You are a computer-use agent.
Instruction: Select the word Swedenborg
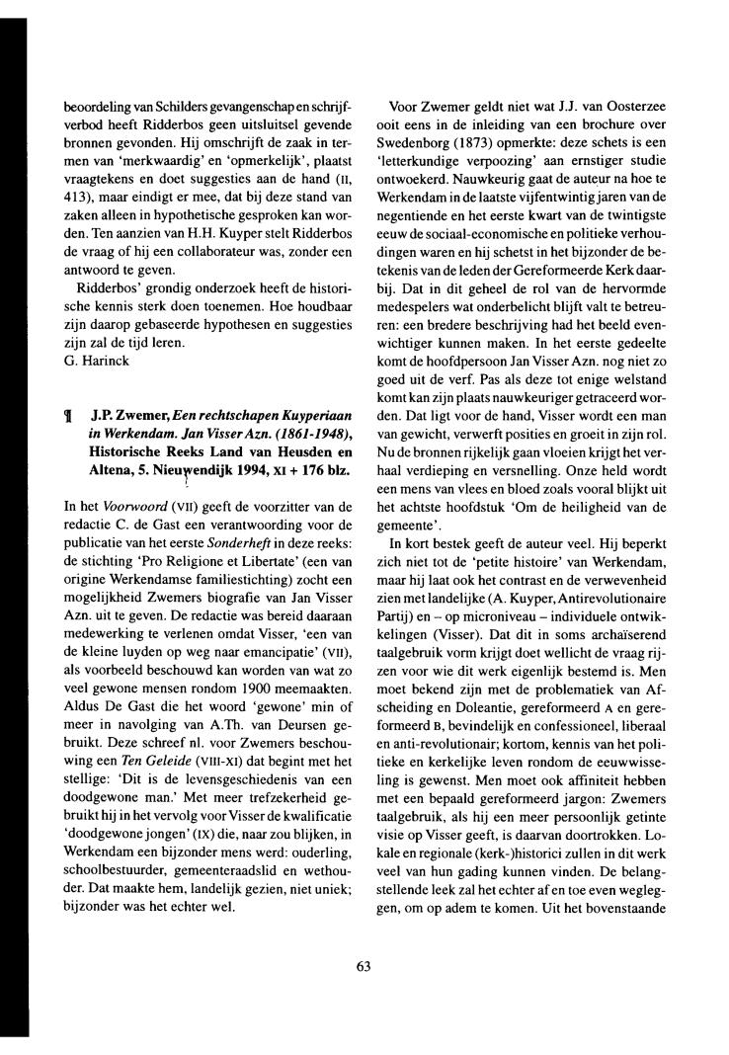click(427, 142)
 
